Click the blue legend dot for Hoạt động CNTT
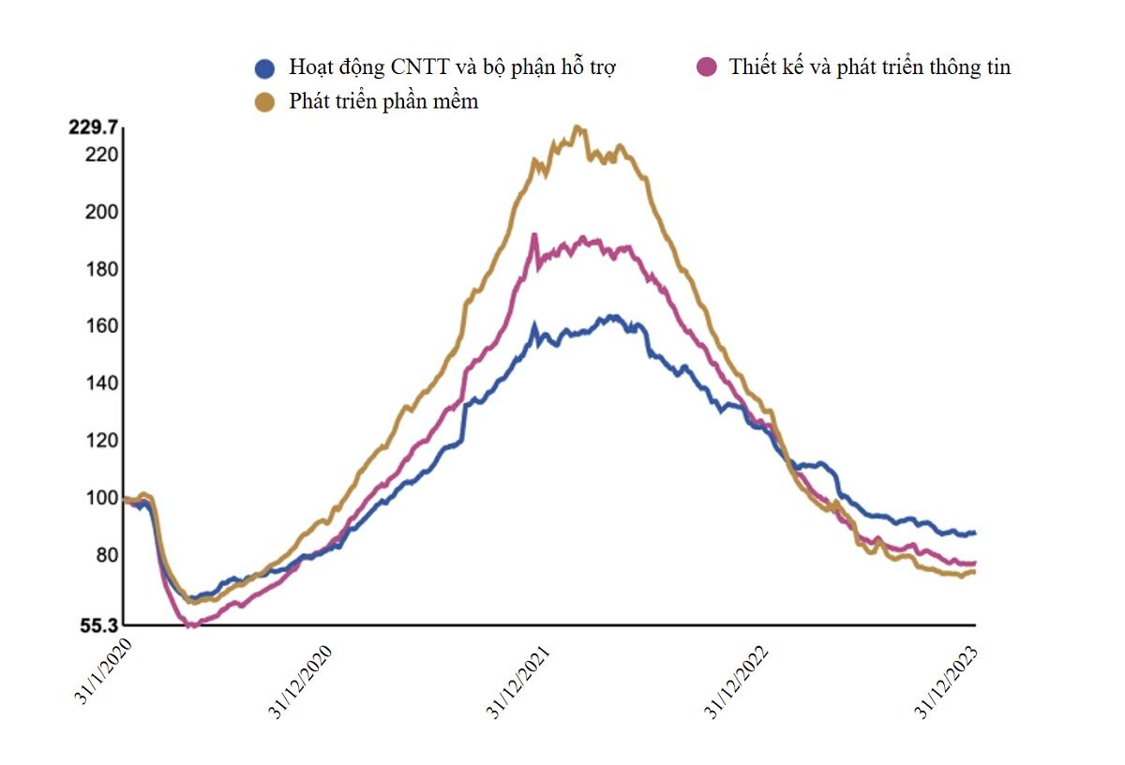pos(265,67)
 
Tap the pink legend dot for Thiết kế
pos(706,67)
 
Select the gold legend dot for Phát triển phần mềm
pos(265,101)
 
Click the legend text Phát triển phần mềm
pos(383,101)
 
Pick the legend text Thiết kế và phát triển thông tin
pos(869,67)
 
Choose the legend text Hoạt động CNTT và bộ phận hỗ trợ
pos(452,67)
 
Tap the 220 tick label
pos(100,154)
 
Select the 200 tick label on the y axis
pos(100,211)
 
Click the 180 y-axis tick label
pos(100,269)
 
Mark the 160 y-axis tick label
pos(100,326)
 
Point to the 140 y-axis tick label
pos(100,383)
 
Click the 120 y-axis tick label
pos(100,441)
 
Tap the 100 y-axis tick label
pos(100,498)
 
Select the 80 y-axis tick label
pos(104,555)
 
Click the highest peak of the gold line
pos(577,127)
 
